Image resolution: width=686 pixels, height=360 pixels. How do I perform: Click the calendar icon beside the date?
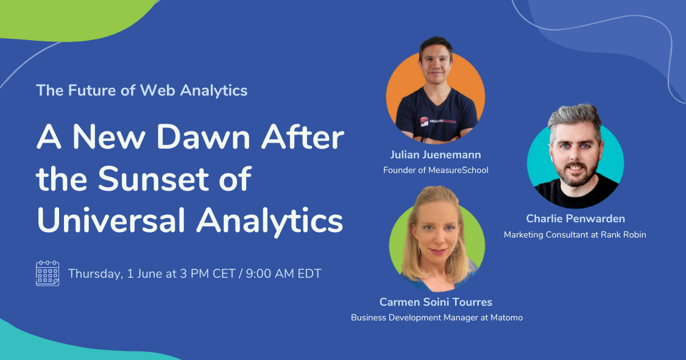[x=48, y=273]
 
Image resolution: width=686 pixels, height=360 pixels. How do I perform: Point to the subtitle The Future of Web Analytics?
[x=142, y=90]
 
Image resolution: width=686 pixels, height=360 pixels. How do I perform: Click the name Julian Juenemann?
[x=436, y=154]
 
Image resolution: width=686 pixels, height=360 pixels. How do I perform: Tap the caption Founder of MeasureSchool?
[x=436, y=170]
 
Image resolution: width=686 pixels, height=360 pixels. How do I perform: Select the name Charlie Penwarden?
[x=575, y=218]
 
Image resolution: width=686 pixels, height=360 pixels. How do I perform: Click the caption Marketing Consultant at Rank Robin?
[x=575, y=235]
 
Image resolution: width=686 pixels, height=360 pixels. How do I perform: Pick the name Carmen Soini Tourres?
[x=436, y=302]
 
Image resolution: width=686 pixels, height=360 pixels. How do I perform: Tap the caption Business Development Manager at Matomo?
[x=437, y=317]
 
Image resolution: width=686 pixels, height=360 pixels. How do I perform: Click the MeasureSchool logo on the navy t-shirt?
[x=433, y=121]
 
